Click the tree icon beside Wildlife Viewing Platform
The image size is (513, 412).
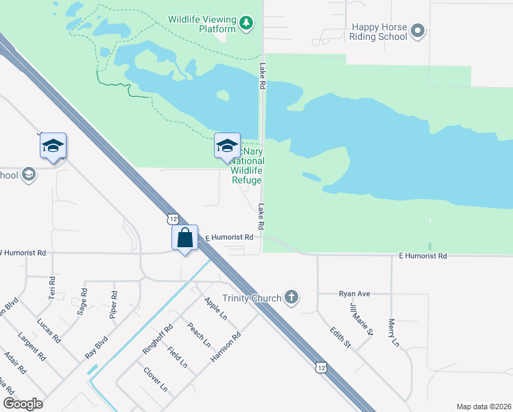click(246, 25)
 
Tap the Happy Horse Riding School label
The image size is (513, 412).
click(379, 32)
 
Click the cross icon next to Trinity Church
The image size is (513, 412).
click(291, 297)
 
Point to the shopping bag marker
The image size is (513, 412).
click(185, 238)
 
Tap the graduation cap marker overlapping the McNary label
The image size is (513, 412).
click(228, 146)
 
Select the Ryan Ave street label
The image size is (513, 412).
click(354, 294)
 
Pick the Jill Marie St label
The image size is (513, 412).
click(361, 319)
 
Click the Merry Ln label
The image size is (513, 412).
click(393, 332)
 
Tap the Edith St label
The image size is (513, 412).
click(339, 337)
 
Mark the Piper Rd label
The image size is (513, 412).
click(114, 304)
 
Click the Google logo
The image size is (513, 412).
click(23, 404)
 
